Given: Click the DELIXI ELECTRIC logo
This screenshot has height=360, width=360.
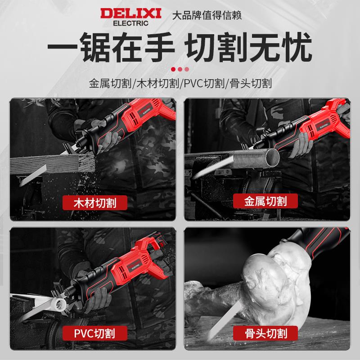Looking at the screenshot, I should [130, 15].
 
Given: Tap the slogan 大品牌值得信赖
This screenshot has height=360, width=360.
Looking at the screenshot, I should [207, 15].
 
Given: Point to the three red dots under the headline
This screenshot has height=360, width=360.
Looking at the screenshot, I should [180, 69].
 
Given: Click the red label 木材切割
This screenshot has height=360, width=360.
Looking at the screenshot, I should [94, 202].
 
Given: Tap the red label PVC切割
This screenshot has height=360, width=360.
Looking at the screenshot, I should [94, 333].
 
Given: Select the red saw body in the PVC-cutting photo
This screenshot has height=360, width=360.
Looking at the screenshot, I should [135, 261].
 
